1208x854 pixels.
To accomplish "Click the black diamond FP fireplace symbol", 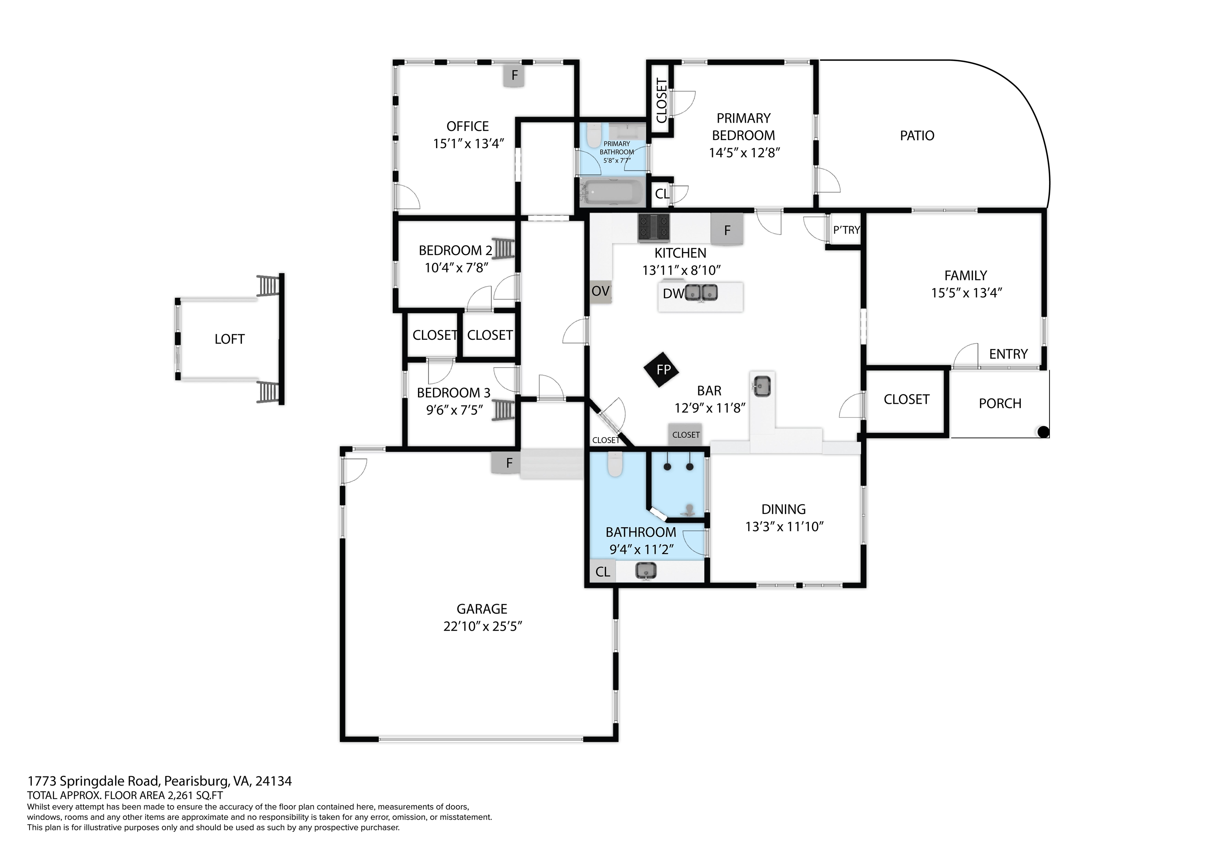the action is pyautogui.click(x=662, y=370).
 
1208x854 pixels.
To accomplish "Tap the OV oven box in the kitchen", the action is pyautogui.click(x=600, y=291).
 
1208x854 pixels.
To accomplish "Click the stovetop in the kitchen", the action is pyautogui.click(x=654, y=228).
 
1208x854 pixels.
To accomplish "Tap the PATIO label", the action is pyautogui.click(x=917, y=135).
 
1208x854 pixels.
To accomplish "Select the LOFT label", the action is pyautogui.click(x=229, y=339).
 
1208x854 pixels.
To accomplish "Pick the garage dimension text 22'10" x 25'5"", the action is pyautogui.click(x=482, y=626).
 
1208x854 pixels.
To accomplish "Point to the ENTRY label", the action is pyautogui.click(x=1008, y=354).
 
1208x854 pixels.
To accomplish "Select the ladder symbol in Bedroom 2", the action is pyautogui.click(x=504, y=248).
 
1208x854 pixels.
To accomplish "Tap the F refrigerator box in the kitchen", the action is pyautogui.click(x=727, y=229).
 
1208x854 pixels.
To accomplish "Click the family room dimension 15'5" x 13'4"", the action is pyautogui.click(x=967, y=293).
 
